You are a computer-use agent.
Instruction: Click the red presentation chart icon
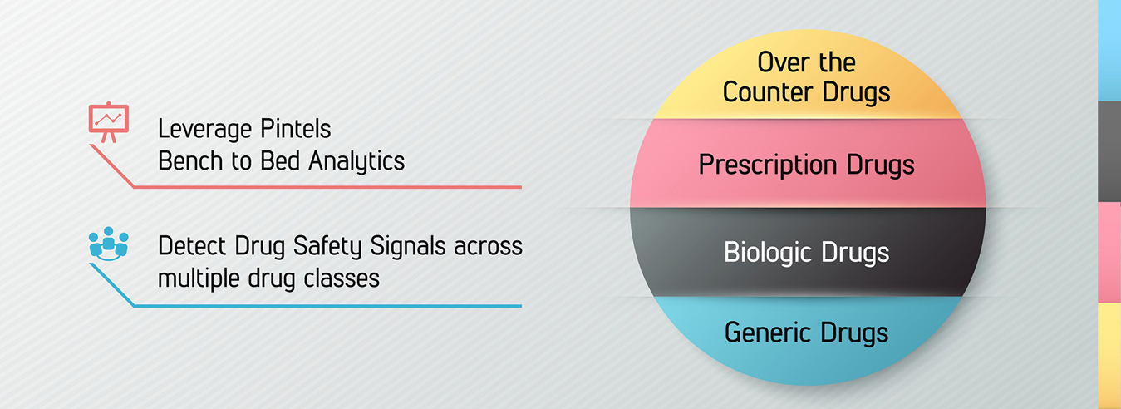coord(109,122)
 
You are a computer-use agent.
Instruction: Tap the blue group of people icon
coord(109,244)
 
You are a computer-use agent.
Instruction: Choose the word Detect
coord(193,246)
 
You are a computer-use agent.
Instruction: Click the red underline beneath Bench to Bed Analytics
coord(327,187)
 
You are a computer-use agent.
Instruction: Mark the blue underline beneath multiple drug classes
coord(327,306)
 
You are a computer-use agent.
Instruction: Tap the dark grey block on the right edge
coord(1109,151)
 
